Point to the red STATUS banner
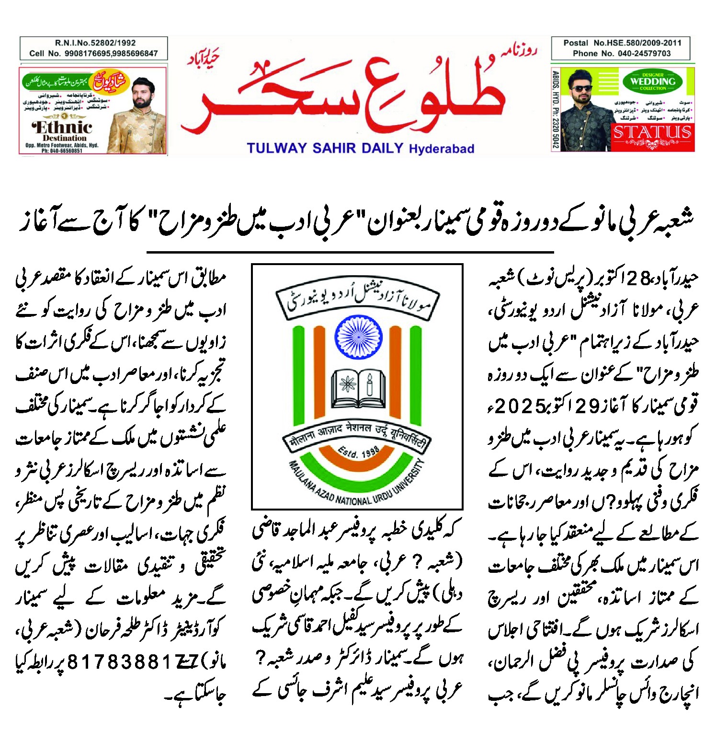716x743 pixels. pos(652,132)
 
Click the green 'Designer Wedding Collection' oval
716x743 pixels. pos(653,81)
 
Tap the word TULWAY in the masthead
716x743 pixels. pos(276,148)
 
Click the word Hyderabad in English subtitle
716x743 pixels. pos(442,149)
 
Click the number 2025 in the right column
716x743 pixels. pos(521,406)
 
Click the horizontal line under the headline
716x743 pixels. pos(350,252)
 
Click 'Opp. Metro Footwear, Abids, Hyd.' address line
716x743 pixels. pos(62,145)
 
